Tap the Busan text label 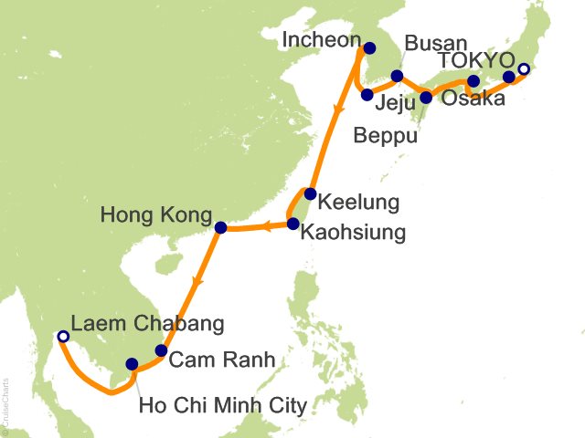[x=435, y=43]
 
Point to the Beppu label [x=386, y=137]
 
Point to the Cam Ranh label [x=226, y=360]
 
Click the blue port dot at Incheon [x=370, y=49]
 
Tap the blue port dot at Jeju [x=367, y=94]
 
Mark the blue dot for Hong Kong [x=220, y=227]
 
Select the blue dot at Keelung [x=311, y=193]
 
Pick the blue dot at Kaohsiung [x=293, y=223]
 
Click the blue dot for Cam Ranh [x=161, y=350]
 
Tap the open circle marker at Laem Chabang [x=63, y=337]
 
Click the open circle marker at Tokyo [x=524, y=69]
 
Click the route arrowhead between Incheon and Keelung [x=338, y=110]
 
